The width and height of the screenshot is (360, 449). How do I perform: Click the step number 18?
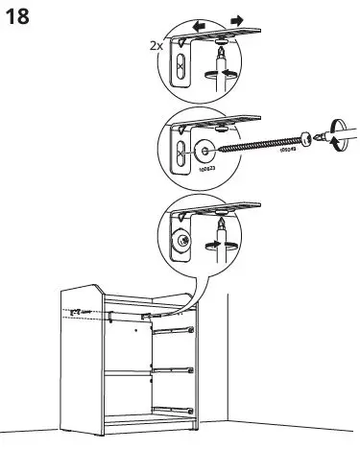tap(16, 17)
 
